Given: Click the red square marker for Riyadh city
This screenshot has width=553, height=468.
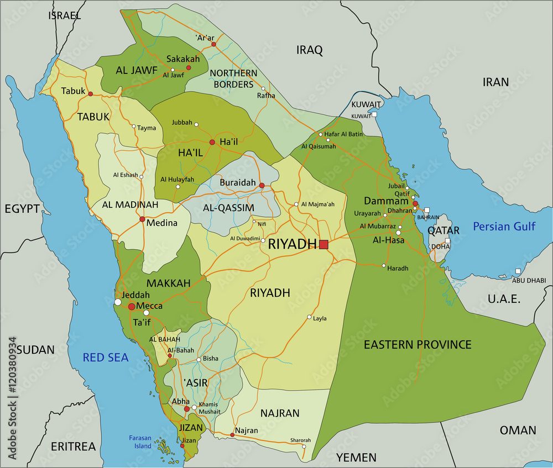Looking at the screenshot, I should pos(324,244).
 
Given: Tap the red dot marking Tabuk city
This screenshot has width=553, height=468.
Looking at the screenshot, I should pos(90,94).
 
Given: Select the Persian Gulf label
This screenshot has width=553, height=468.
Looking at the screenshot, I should pos(504,226).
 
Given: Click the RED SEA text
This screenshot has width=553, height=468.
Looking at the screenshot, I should pos(106,357).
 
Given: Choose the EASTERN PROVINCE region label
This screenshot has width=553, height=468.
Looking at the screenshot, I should pos(418,345).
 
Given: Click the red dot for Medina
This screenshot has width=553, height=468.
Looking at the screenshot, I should pos(142,219).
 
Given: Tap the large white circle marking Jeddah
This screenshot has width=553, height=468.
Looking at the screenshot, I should pos(118,302).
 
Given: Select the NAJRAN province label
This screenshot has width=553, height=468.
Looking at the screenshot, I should pos(280,413).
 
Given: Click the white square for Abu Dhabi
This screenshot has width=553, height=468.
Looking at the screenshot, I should pos(518,271).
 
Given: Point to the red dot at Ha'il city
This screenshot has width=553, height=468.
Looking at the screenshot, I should pos(212,142).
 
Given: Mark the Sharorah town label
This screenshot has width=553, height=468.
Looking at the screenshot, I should pos(300,440).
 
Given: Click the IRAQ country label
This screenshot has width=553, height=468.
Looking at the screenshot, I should pos(309,50).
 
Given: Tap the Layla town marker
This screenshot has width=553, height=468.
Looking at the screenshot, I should pos(309,317).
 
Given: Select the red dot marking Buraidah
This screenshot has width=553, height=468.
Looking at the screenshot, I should pos(262,186).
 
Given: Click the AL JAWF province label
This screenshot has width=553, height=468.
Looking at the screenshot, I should pos(137,70).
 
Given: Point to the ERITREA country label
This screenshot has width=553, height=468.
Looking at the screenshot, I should pos(73,446).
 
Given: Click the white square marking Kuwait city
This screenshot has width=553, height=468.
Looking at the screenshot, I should pos(374,114).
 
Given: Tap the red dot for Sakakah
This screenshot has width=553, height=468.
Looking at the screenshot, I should pos(189,67).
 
